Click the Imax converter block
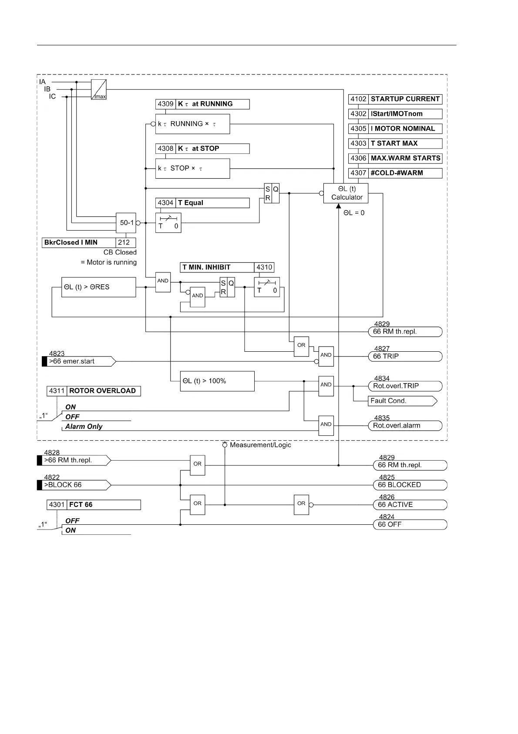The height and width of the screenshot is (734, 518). click(99, 89)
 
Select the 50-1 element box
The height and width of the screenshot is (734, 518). click(126, 223)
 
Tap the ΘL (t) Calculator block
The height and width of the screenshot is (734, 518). click(346, 193)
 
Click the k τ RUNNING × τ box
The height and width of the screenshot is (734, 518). click(192, 124)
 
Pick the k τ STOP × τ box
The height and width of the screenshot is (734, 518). click(192, 168)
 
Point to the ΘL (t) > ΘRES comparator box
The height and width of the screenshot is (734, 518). click(98, 287)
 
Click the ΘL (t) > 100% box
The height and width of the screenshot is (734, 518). click(217, 381)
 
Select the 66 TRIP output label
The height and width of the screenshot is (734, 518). click(405, 357)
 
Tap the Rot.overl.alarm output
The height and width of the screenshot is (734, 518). click(405, 426)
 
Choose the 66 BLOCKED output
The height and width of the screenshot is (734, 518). click(409, 485)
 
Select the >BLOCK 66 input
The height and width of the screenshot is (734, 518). click(74, 485)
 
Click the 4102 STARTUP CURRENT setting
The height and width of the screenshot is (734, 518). click(395, 99)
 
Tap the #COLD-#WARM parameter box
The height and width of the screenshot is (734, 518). click(395, 173)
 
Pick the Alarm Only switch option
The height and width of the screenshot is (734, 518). click(84, 427)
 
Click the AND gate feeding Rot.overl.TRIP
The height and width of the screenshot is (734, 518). click(326, 386)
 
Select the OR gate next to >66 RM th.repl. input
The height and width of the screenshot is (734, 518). click(197, 465)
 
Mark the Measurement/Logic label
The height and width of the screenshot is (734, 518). click(260, 445)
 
